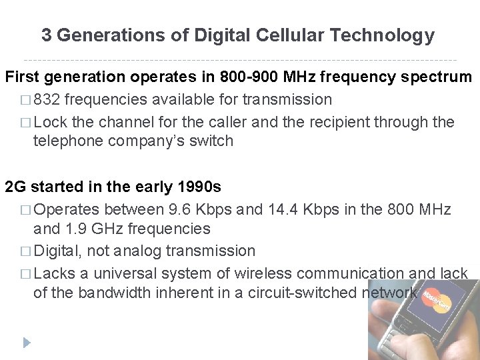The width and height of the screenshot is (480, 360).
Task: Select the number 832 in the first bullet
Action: coord(47,99)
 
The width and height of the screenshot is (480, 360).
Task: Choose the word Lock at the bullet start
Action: coord(49,122)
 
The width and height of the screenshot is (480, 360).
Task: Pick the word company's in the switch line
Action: coord(175,141)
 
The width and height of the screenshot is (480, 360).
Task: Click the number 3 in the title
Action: coord(46,35)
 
